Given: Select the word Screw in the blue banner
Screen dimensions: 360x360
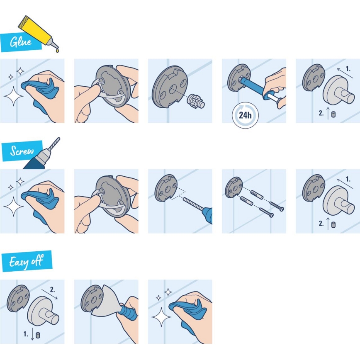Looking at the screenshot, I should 22,151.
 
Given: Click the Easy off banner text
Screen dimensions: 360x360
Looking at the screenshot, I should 27,261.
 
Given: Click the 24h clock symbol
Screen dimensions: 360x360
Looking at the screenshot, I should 246,115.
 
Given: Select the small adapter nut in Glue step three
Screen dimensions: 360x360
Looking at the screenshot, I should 195,100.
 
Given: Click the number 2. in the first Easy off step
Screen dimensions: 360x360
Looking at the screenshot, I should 53,290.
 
